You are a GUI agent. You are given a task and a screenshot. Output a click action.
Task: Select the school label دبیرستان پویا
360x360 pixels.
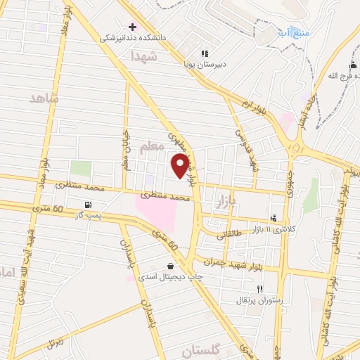tap(205, 64)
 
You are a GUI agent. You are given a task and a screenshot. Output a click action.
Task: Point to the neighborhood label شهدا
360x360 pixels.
tap(146, 60)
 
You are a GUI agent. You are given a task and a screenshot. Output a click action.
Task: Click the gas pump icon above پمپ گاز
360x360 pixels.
tap(87, 205)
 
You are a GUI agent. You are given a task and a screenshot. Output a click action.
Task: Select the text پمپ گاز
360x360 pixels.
tap(88, 216)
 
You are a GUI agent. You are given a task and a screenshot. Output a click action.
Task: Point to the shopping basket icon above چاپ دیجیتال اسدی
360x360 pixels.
tap(171, 265)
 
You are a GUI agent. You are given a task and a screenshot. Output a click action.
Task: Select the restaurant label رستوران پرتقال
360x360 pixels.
tap(261, 300)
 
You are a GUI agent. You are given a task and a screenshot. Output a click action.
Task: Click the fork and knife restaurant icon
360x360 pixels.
tap(260, 289)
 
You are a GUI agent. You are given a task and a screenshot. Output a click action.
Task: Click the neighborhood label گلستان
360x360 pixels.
tap(202, 349)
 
